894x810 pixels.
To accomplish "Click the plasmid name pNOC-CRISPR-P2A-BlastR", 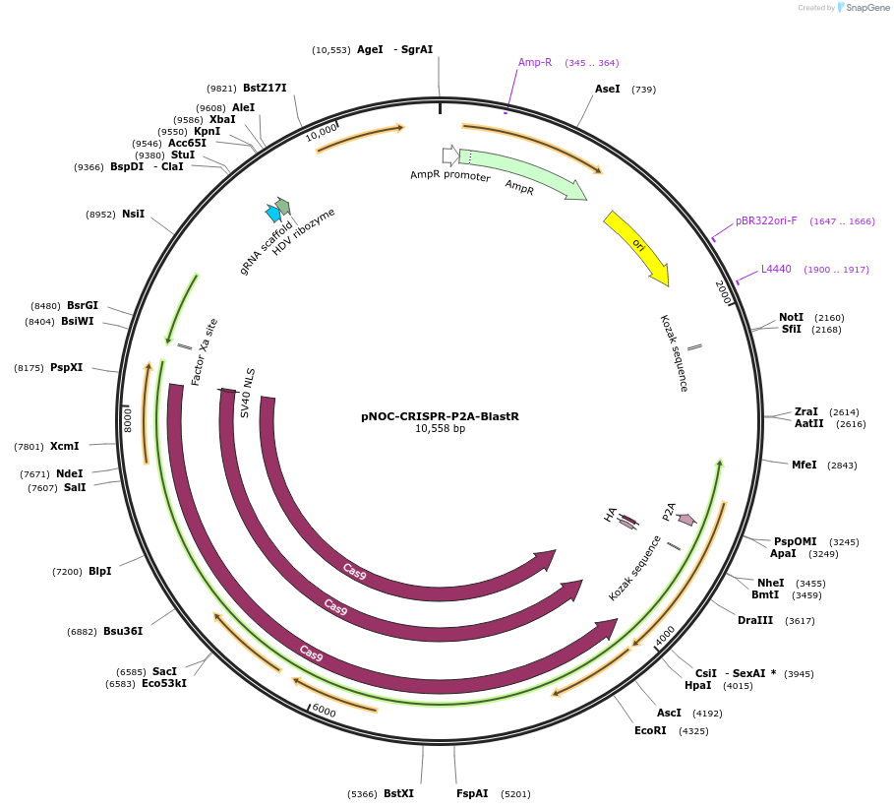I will point(440,416).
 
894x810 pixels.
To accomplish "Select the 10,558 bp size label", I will point(440,429).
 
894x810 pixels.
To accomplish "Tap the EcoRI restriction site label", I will point(650,730).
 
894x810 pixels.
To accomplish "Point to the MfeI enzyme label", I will point(804,465).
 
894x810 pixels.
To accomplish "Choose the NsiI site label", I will point(133,214).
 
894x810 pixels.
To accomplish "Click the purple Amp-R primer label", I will point(535,62).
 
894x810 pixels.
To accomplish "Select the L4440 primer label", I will point(776,269).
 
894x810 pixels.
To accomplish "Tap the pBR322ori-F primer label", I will point(766,220).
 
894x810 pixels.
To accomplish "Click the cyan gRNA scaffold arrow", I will point(273,214).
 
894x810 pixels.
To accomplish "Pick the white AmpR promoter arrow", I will point(450,156).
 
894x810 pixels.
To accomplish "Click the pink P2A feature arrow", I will point(686,519).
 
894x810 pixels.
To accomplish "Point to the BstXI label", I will point(398,793).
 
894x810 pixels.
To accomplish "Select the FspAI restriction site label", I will point(472,793).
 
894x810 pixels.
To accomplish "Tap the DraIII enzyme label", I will point(755,620).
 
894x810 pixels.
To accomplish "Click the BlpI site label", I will point(99,571).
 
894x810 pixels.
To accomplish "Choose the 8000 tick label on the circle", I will point(128,420).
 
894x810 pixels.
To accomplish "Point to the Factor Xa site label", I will point(205,351).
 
